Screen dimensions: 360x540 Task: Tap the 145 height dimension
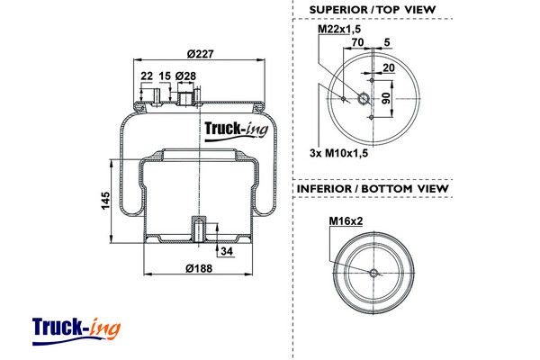click(105, 199)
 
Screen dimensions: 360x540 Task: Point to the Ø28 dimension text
click(186, 76)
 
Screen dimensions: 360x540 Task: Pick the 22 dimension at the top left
click(146, 76)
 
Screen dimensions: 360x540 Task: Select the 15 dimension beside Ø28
click(164, 76)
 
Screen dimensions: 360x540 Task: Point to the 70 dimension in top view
click(357, 42)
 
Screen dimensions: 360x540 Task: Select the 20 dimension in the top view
click(388, 67)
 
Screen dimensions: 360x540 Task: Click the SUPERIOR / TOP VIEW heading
click(372, 9)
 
